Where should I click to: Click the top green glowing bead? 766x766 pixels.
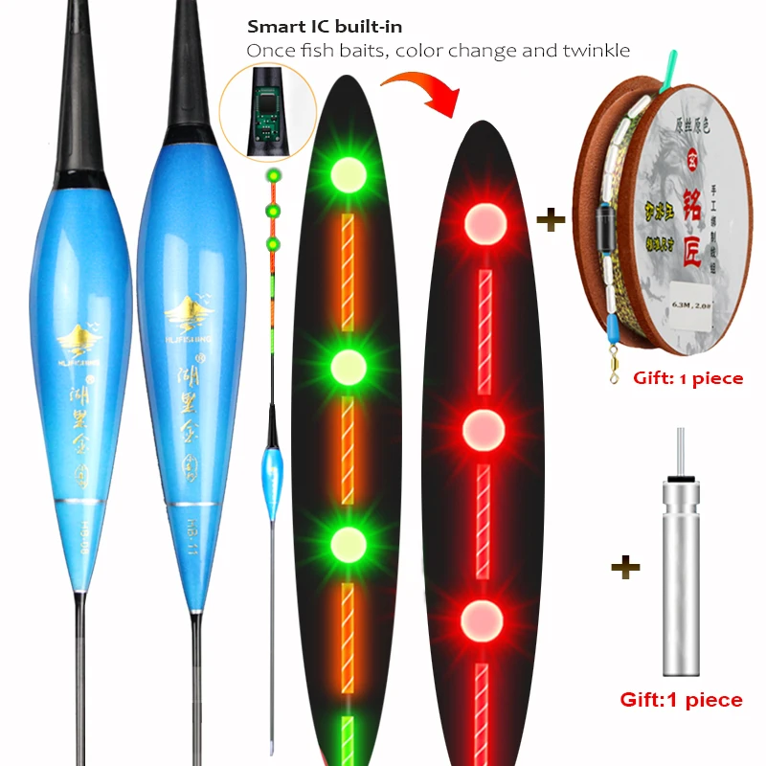point(349,174)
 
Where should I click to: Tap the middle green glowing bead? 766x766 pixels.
point(349,364)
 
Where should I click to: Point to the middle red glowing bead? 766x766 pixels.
point(484,430)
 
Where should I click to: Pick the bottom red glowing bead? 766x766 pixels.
point(484,619)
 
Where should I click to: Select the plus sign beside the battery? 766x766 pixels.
point(625,568)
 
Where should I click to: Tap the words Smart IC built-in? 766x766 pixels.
point(325,27)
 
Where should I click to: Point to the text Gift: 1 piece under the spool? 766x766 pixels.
point(687,378)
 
